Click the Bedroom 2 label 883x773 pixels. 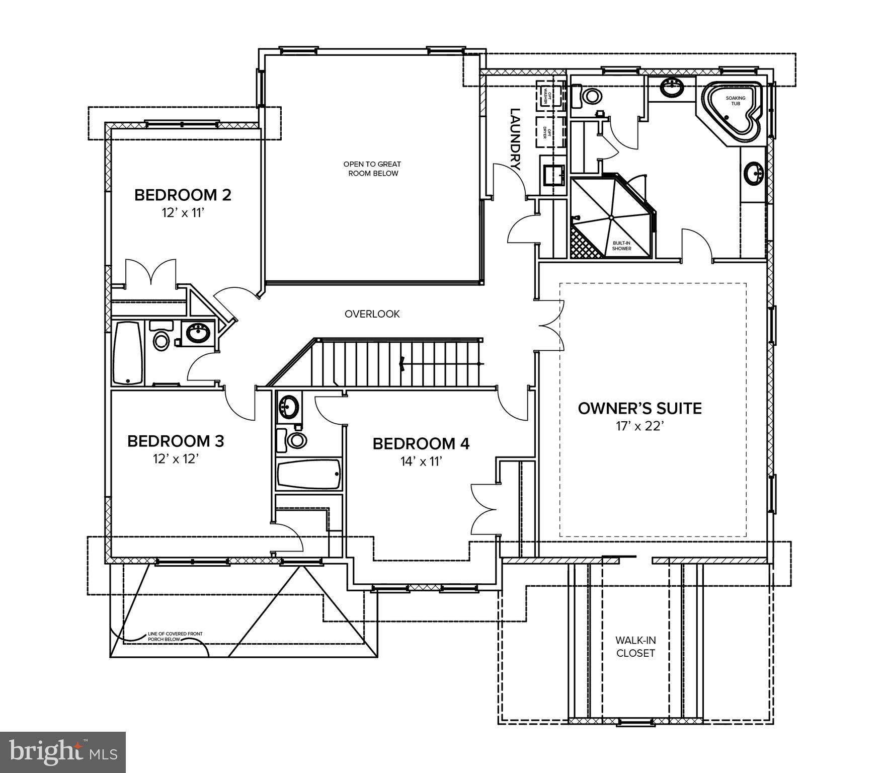(x=183, y=195)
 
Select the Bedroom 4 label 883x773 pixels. (x=421, y=444)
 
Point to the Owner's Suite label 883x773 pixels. (x=639, y=408)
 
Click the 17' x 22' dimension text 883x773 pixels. (x=640, y=426)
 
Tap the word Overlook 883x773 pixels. (x=372, y=314)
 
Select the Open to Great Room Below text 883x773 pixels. (x=372, y=169)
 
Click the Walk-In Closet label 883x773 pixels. (x=635, y=647)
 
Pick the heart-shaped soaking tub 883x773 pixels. (x=734, y=112)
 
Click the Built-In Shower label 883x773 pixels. (x=621, y=246)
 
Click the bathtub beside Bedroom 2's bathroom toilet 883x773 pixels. (x=128, y=354)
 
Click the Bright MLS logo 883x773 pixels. (x=62, y=752)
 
